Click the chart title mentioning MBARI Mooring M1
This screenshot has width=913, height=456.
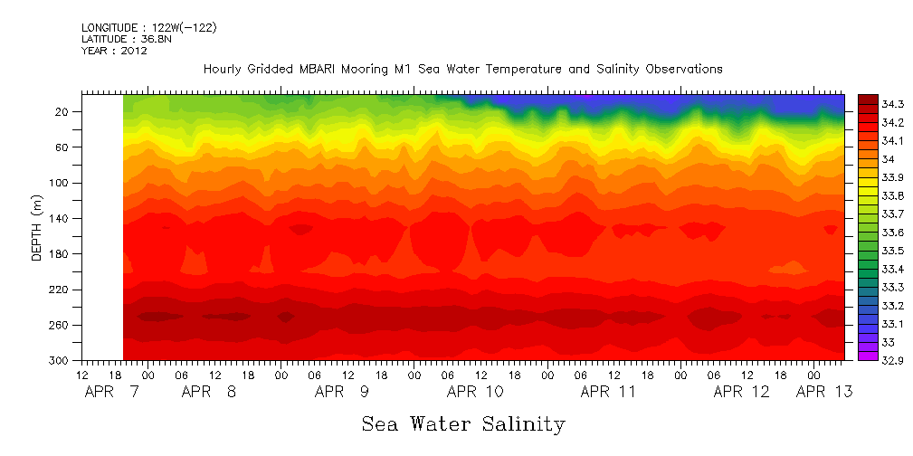pyautogui.click(x=462, y=69)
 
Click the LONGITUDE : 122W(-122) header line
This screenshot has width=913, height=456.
pyautogui.click(x=149, y=28)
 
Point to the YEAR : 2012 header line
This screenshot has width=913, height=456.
pyautogui.click(x=114, y=52)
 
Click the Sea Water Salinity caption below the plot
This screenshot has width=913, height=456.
pyautogui.click(x=463, y=423)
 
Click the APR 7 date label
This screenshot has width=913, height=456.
pyautogui.click(x=105, y=393)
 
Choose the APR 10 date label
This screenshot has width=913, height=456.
pyautogui.click(x=475, y=393)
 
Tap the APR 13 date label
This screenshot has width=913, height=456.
pyautogui.click(x=823, y=393)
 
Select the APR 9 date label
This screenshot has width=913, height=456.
pyautogui.click(x=342, y=393)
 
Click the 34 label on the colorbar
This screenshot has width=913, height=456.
pyautogui.click(x=889, y=159)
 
